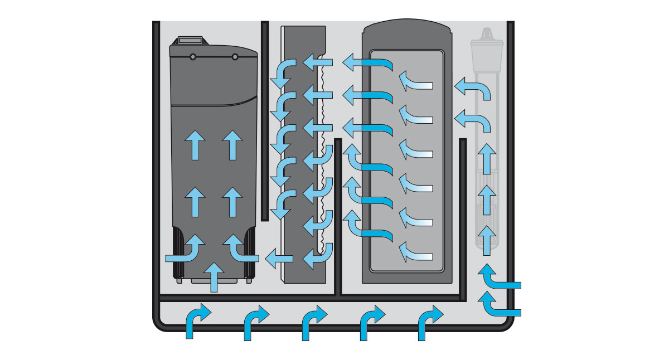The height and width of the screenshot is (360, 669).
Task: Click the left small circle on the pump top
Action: (x=192, y=56)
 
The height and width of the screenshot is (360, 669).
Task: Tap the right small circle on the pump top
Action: (x=235, y=56)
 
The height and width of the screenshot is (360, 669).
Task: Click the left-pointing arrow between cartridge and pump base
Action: (x=279, y=258)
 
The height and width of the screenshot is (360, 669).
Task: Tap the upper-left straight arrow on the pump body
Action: (x=195, y=144)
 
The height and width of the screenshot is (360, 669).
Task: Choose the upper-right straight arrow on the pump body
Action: (x=232, y=144)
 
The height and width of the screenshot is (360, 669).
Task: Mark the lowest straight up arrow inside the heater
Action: (x=487, y=237)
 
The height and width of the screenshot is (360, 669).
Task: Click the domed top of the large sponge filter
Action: (x=405, y=25)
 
